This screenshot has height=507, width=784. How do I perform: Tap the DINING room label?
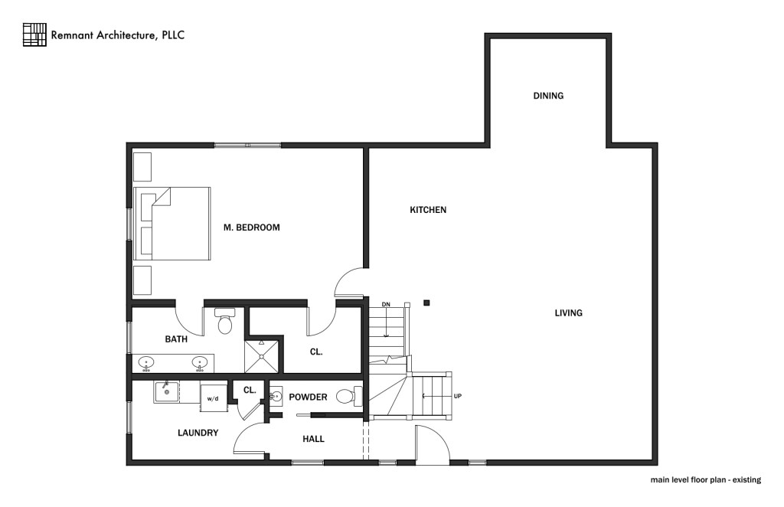548,96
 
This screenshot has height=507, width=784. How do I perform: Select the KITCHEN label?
428,210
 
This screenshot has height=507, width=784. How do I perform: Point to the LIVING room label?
569,312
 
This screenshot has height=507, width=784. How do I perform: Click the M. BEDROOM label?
251,227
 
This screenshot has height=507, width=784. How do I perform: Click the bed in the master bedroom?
172,223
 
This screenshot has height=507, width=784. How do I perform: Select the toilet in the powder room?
346,397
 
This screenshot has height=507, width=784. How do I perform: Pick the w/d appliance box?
213,397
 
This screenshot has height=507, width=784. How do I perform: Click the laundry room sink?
165,391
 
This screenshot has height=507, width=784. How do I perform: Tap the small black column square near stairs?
426,303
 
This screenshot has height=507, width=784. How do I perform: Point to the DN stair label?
387,305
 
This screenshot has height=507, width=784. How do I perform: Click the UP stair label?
458,396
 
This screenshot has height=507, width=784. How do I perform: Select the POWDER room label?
309,397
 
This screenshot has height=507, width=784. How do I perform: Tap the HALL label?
313,439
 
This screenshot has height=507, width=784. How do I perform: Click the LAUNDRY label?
198,433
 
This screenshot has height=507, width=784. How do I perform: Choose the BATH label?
177,339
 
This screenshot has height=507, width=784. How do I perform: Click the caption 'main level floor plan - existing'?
705,480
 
